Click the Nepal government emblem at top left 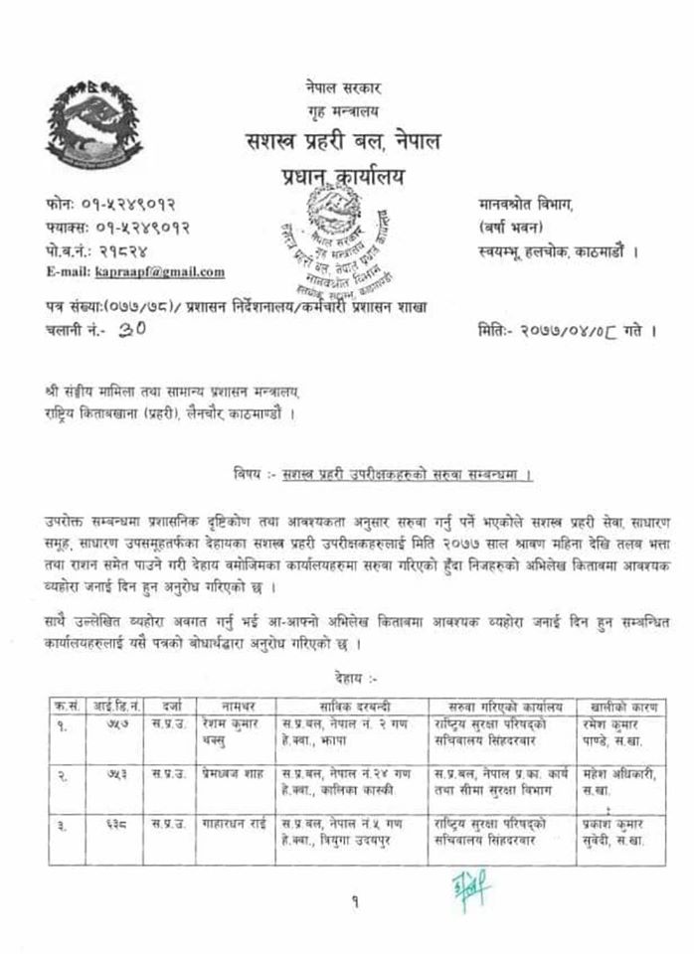pos(95,119)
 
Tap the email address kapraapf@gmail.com pos(160,271)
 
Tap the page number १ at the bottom pos(353,928)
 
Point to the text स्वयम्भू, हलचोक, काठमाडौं pos(557,251)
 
